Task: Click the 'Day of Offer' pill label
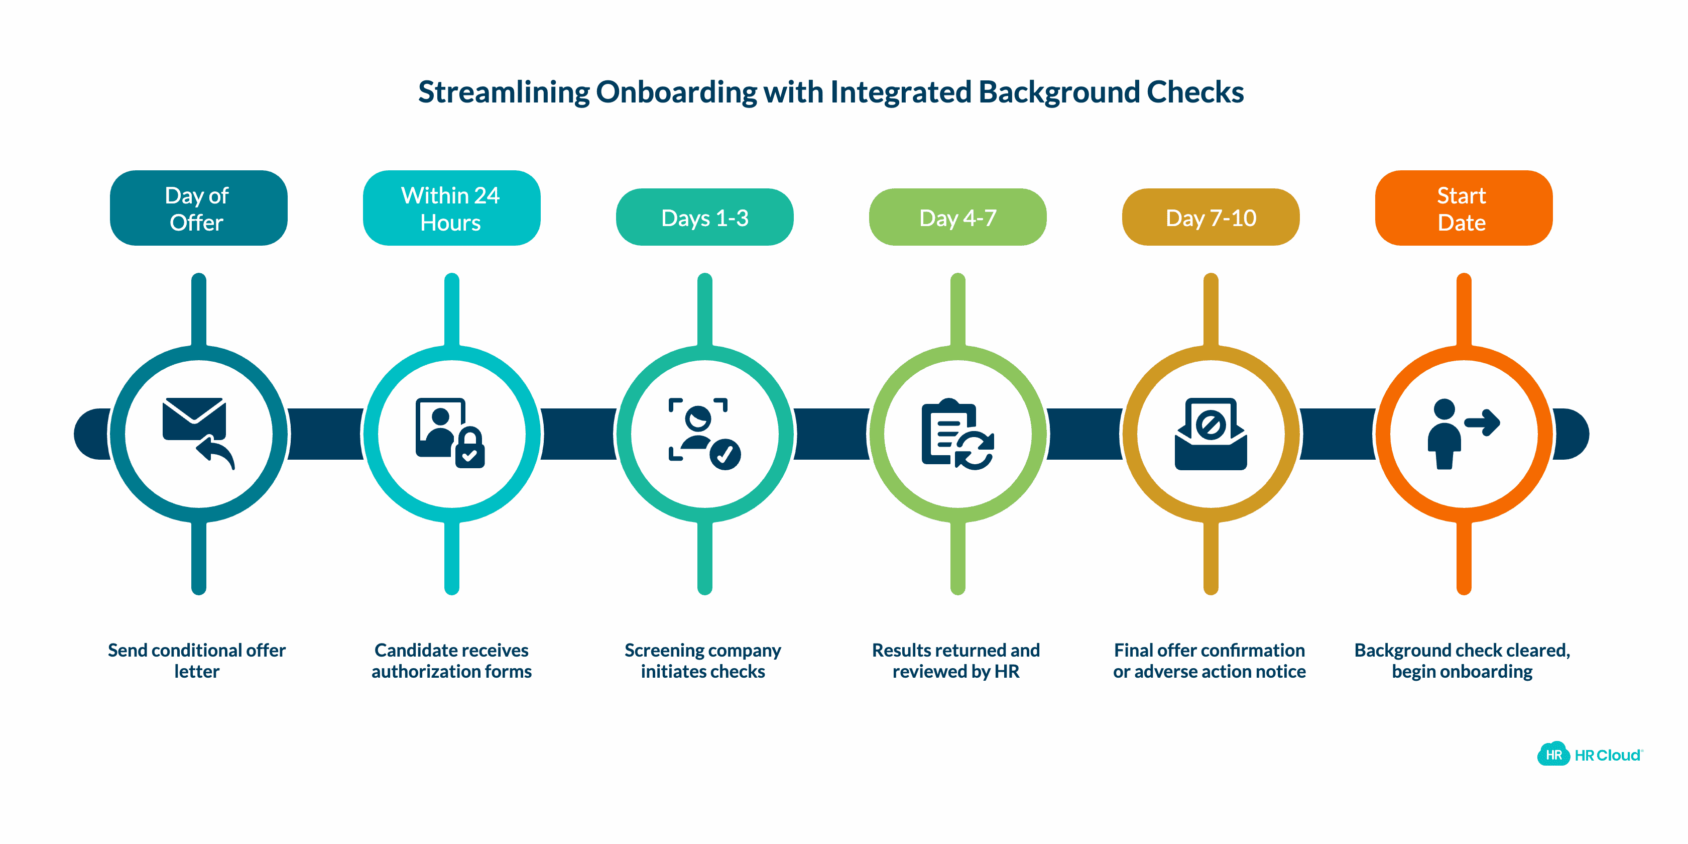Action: coord(198,208)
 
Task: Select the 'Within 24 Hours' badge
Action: coord(451,208)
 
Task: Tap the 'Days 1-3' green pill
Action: coord(704,218)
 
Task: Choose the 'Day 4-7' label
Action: coord(957,218)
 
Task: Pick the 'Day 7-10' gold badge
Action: coord(1211,218)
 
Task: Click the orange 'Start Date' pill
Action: coord(1463,208)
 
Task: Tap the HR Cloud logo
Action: coord(1590,755)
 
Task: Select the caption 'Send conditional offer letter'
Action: coord(197,660)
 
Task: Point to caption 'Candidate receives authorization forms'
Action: coord(451,660)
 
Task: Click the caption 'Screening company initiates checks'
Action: coord(702,660)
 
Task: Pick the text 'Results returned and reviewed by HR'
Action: coord(955,660)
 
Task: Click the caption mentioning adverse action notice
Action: coord(1209,660)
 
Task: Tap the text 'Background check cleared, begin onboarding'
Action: coord(1462,660)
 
